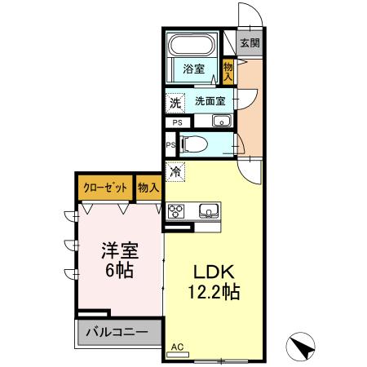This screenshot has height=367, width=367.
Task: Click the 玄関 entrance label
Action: (250, 43)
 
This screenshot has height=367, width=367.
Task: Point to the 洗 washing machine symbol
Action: (175, 103)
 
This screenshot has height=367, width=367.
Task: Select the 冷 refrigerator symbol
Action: (175, 172)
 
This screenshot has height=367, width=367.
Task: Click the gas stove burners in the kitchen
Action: (178, 211)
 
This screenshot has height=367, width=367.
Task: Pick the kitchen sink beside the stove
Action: (209, 211)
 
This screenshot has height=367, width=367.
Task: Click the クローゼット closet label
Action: (105, 188)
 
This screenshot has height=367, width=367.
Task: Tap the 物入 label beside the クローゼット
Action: (148, 188)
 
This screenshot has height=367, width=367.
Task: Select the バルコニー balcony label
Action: (114, 334)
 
